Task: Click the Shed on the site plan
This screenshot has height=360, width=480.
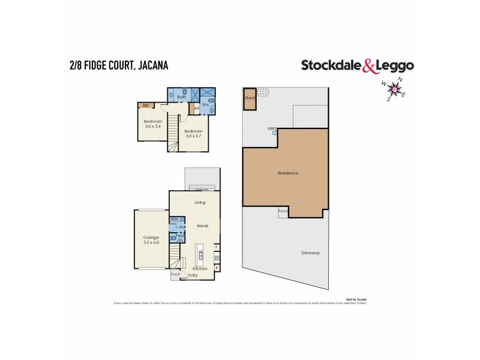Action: pos(249,100)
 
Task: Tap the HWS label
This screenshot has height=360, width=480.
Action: pos(272,128)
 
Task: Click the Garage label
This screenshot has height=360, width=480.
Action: pos(151,238)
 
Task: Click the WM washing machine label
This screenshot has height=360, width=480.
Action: pos(174,220)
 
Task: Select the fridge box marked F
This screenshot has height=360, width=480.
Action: pos(217,247)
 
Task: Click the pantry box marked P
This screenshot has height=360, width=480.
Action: pos(217,268)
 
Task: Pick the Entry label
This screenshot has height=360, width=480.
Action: pos(193,275)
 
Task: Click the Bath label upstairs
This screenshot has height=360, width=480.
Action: pos(181,97)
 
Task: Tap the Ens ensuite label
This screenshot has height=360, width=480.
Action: pos(205,104)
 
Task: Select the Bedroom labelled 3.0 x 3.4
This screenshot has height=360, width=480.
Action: pos(152,124)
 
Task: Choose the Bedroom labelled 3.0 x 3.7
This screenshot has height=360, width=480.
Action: pos(193,133)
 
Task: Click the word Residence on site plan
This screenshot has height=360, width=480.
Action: pos(288,173)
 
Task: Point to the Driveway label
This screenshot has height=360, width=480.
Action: pos(311,253)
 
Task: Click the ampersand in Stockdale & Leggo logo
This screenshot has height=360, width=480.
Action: pos(368,65)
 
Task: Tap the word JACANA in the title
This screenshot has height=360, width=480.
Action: pos(149,65)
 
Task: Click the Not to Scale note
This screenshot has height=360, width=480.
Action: pos(356,298)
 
